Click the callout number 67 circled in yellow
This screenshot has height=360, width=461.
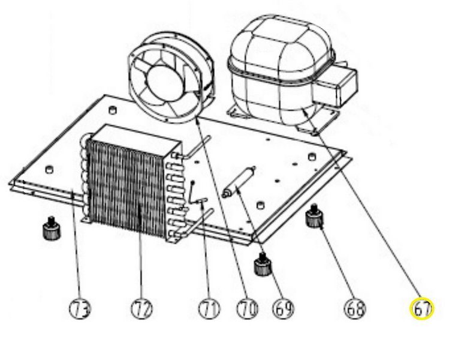pyautogui.click(x=422, y=308)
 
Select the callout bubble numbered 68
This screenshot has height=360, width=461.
pyautogui.click(x=355, y=309)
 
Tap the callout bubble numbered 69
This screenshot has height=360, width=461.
pyautogui.click(x=284, y=308)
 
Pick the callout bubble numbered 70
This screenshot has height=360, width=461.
pyautogui.click(x=248, y=308)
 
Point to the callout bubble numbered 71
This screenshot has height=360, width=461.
pyautogui.click(x=209, y=308)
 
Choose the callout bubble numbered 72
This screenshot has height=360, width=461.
pyautogui.click(x=142, y=308)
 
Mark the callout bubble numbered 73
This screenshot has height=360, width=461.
pyautogui.click(x=80, y=308)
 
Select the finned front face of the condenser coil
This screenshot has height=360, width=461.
pyautogui.click(x=126, y=188)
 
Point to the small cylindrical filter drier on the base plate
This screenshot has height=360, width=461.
pyautogui.click(x=239, y=182)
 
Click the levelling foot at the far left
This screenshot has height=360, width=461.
pyautogui.click(x=52, y=229)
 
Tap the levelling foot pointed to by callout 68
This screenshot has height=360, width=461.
pyautogui.click(x=314, y=217)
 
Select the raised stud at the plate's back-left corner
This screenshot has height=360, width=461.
pyautogui.click(x=113, y=110)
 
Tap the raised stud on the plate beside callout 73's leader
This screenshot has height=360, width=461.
pyautogui.click(x=49, y=169)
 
